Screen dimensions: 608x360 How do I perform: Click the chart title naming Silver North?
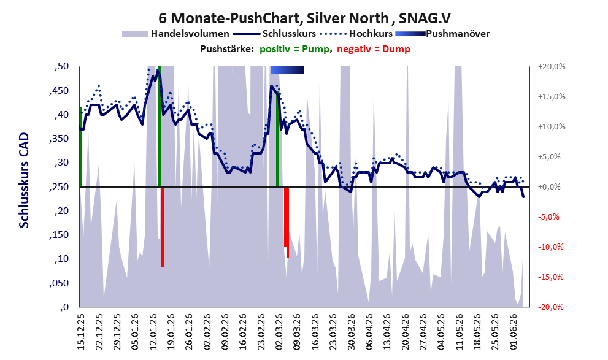click(304, 18)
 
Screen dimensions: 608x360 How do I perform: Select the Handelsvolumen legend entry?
click(175, 34)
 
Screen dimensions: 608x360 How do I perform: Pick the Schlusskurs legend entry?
click(274, 34)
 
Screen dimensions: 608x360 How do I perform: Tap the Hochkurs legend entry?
click(356, 34)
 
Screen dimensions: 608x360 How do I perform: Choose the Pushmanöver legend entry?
click(442, 34)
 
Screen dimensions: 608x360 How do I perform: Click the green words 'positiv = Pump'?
click(294, 49)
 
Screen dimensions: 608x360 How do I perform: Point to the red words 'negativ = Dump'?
click(374, 49)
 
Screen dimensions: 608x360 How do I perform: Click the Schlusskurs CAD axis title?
click(24, 180)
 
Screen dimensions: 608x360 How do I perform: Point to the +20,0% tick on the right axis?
click(552, 67)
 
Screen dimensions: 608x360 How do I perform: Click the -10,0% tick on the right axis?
click(550, 247)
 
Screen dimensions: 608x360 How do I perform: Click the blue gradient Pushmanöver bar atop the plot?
click(287, 70)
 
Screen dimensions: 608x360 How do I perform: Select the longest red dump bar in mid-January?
click(163, 227)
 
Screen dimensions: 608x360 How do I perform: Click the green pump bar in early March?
click(278, 139)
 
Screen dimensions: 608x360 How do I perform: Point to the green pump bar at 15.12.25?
click(80, 147)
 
